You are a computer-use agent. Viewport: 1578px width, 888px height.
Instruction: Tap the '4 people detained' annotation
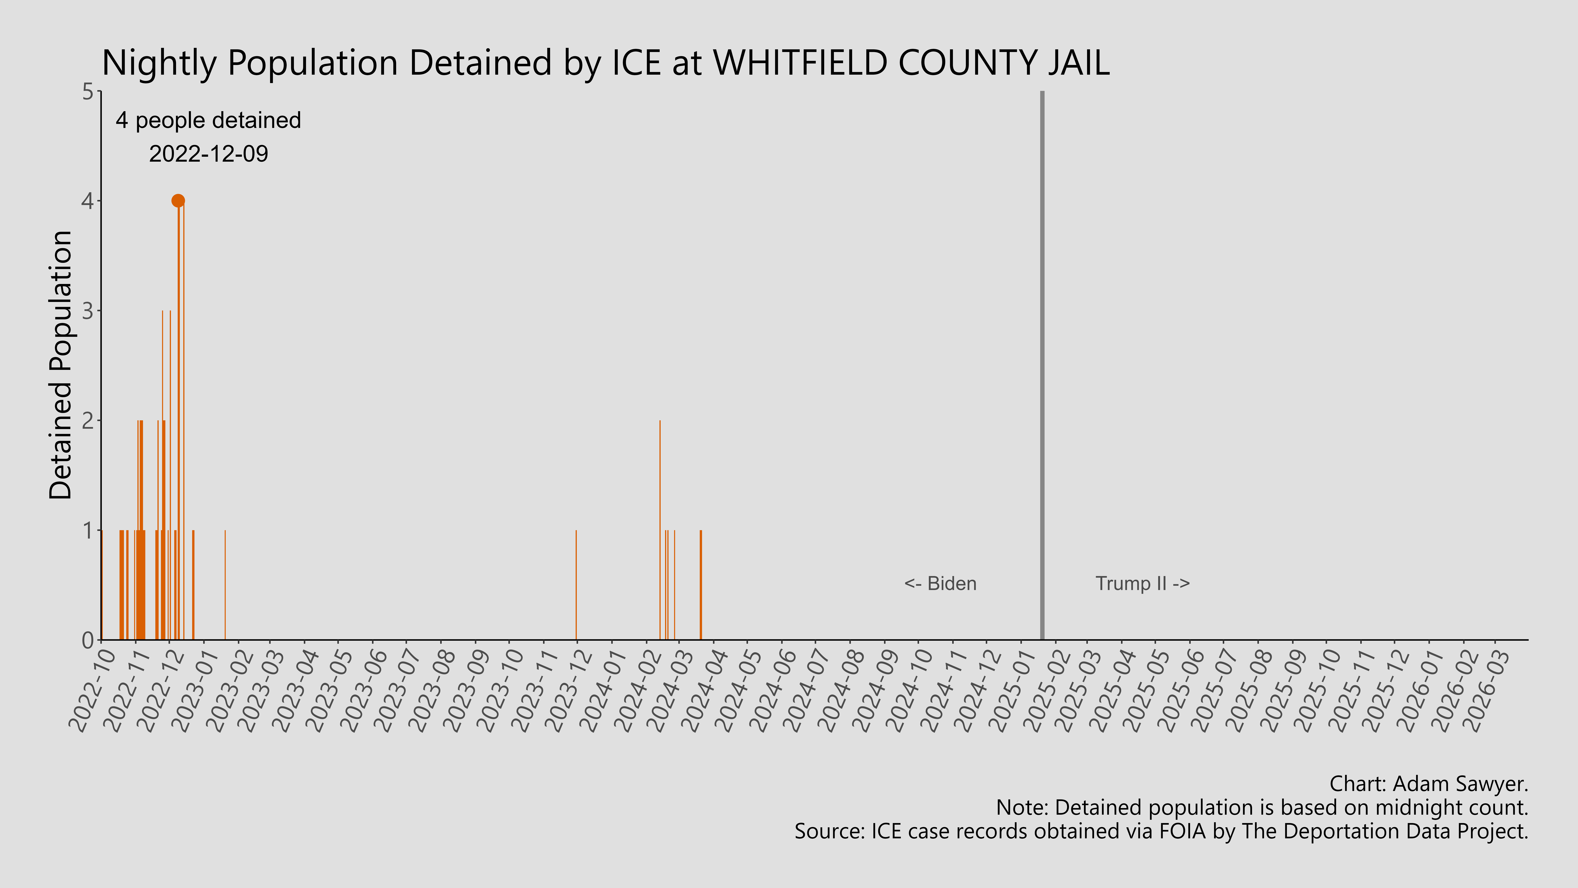(208, 120)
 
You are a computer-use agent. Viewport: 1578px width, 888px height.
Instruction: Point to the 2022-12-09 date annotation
(208, 154)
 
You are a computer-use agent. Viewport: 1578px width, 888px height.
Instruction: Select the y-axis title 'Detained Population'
(61, 365)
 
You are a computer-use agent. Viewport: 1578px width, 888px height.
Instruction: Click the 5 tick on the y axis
(88, 92)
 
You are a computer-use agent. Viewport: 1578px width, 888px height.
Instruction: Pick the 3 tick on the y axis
(88, 311)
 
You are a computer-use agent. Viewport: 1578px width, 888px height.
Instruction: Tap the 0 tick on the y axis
(88, 640)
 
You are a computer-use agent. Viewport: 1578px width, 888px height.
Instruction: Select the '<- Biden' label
(940, 583)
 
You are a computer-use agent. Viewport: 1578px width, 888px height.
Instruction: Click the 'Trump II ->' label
(1142, 583)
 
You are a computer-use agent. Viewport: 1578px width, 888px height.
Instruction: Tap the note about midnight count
(1262, 807)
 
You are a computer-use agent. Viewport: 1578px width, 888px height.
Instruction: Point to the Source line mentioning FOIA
(1161, 831)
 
